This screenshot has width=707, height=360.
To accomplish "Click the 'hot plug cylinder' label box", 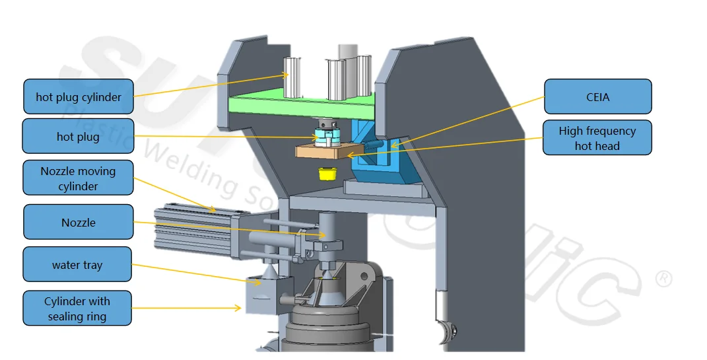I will pyautogui.click(x=78, y=97).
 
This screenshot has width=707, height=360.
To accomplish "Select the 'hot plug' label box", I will pyautogui.click(x=78, y=137).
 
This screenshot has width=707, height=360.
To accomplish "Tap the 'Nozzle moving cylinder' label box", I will pyautogui.click(x=78, y=178).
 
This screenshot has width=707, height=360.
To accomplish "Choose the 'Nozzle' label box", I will pyautogui.click(x=78, y=223).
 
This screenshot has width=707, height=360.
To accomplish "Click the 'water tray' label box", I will pyautogui.click(x=78, y=265).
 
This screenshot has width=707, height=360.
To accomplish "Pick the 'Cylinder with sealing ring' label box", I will pyautogui.click(x=78, y=308).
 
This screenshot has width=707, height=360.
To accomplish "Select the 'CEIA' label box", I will pyautogui.click(x=597, y=97).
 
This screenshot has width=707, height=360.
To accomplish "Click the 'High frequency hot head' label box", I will pyautogui.click(x=597, y=138).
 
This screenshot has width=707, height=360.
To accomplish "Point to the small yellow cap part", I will pyautogui.click(x=325, y=174).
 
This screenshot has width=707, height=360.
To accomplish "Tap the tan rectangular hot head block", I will pyautogui.click(x=322, y=151).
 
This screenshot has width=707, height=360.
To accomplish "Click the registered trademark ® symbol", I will pyautogui.click(x=663, y=279).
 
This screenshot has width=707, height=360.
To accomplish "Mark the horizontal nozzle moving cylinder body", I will pyautogui.click(x=191, y=228).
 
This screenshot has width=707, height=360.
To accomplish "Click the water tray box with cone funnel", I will pyautogui.click(x=267, y=291).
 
